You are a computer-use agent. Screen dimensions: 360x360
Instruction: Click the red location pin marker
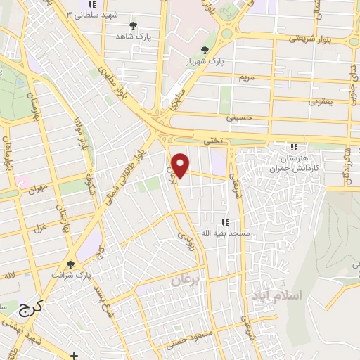(x=181, y=164)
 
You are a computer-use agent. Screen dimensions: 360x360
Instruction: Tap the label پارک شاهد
(x=130, y=35)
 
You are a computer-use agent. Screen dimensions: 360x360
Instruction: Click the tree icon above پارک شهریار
(x=205, y=51)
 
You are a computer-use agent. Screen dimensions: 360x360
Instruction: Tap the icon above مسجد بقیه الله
(x=224, y=222)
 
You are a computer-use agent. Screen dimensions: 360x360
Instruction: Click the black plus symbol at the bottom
(x=75, y=356)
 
